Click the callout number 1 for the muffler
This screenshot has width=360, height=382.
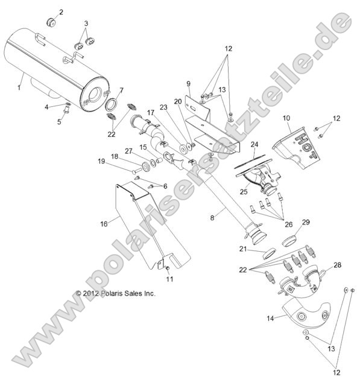point(19,88)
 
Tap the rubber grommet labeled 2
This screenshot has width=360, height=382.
point(51,22)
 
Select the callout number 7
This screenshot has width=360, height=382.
point(121,91)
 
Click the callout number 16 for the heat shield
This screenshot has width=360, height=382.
point(104,224)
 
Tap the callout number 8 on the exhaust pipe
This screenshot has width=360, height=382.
point(212,218)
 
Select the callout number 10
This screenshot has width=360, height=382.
point(286,118)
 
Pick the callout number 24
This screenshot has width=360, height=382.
point(254,144)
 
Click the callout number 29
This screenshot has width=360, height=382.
point(306,222)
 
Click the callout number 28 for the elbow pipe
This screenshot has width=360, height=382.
point(337,265)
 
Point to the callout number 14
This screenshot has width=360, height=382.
point(270,318)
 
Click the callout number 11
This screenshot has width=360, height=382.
point(169,279)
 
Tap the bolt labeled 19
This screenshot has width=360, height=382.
point(137,171)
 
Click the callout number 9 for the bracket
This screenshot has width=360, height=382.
point(188,83)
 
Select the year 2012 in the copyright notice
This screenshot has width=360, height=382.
point(90,293)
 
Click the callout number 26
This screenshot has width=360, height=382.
point(288,224)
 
